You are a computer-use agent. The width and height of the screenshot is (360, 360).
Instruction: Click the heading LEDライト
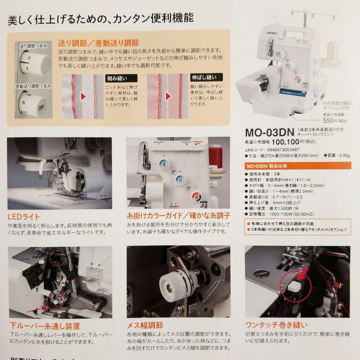click(23, 217)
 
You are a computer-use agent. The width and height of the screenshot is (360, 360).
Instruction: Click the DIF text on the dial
click(42, 108)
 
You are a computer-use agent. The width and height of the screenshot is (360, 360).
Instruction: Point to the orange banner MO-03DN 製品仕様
click(267, 166)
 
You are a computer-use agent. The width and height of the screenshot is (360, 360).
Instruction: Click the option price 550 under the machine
click(328, 121)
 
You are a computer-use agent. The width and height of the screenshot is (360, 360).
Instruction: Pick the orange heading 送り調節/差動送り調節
click(99, 43)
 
